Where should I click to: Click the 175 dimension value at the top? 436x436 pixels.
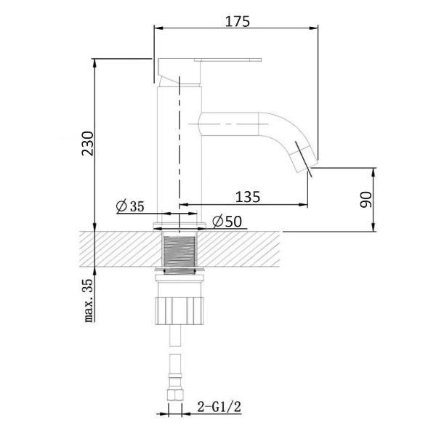click(x=237, y=22)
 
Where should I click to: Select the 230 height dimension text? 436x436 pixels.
click(x=88, y=143)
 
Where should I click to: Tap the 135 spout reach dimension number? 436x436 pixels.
click(x=248, y=197)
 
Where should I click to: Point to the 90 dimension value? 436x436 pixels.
click(x=366, y=199)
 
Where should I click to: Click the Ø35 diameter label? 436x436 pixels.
click(x=130, y=206)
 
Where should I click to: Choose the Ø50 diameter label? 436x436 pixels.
click(x=227, y=222)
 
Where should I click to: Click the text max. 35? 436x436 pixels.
click(x=89, y=300)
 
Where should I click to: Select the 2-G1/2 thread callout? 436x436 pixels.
click(x=219, y=407)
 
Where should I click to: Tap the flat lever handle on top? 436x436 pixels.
click(x=227, y=60)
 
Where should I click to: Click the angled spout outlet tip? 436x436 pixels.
click(x=303, y=159)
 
